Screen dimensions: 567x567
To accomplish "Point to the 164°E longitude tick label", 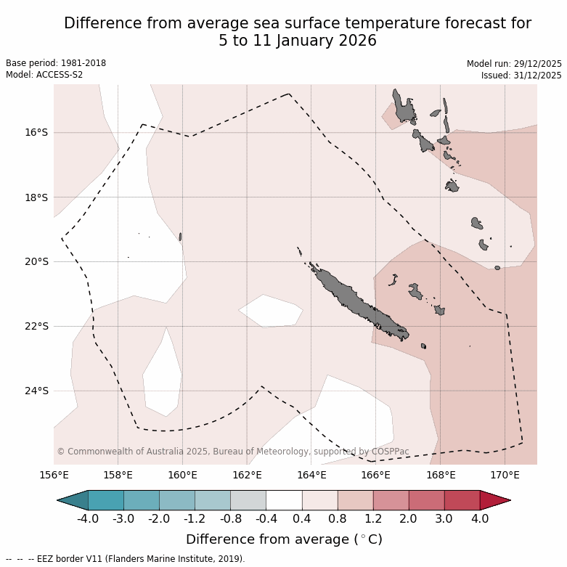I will (311, 476).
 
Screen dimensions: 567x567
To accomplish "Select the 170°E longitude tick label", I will (505, 476).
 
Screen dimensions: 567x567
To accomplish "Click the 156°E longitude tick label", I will (54, 476).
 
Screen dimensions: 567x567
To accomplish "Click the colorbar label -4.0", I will (88, 519).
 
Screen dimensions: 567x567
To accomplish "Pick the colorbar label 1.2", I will (373, 519).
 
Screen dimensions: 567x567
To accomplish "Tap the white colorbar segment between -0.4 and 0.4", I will (284, 500).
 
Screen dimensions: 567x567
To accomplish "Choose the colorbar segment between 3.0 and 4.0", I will (462, 500).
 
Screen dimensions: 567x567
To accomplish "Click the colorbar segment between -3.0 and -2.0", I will (141, 500).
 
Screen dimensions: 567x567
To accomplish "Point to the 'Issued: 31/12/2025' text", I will (521, 76).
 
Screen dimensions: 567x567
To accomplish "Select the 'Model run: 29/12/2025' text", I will (514, 64).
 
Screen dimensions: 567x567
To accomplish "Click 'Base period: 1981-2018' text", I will (56, 63).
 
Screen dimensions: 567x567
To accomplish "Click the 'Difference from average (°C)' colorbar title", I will (284, 539).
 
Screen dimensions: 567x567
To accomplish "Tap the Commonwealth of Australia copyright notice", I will (232, 452).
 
